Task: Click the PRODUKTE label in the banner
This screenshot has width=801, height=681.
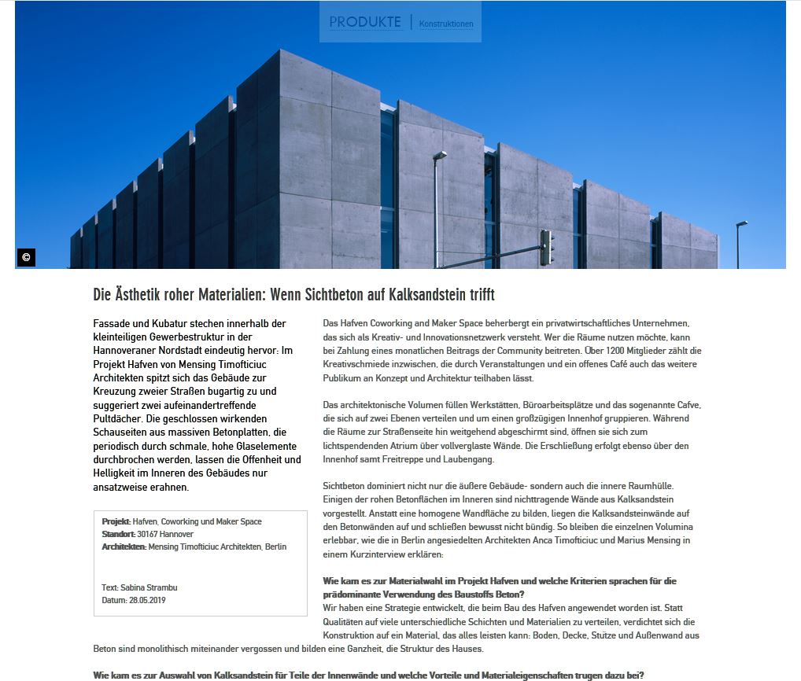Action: pos(365,22)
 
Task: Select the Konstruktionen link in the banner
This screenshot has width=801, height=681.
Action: pos(446,24)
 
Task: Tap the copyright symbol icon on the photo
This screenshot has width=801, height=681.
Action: pos(26,257)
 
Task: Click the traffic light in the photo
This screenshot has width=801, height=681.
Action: pos(546,247)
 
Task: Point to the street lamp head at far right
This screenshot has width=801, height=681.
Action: pos(742,223)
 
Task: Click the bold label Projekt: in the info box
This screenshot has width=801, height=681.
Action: pos(116,521)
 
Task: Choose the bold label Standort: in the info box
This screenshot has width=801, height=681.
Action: pos(119,534)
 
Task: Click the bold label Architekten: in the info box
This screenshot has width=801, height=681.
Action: pos(124,547)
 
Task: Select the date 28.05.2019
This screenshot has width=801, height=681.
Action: pos(147,600)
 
